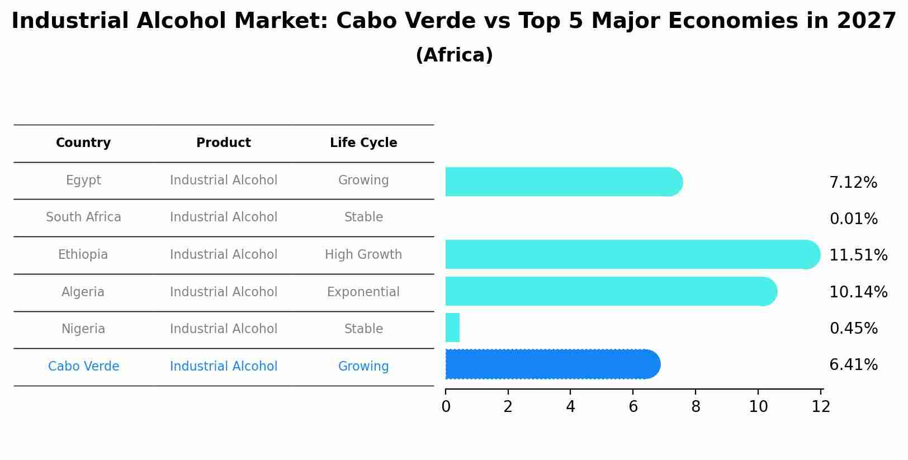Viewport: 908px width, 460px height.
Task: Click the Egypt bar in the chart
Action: coord(564,182)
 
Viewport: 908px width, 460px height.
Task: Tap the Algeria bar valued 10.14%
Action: coord(611,291)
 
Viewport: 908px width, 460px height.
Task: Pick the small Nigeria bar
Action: coord(452,328)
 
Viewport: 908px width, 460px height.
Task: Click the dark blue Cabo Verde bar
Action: coord(552,364)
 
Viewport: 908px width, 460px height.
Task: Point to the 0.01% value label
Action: coord(853,219)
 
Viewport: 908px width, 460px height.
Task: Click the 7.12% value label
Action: coord(853,183)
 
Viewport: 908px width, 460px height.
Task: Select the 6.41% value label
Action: coord(853,365)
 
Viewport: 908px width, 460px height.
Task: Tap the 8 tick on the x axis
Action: coord(696,407)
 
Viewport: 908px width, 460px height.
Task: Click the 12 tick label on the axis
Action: coord(821,407)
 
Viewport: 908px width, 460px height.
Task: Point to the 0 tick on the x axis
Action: coord(446,407)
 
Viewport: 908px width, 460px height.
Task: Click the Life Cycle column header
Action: coord(363,143)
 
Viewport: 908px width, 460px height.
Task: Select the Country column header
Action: coord(83,143)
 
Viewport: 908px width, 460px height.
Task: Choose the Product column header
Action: coord(224,143)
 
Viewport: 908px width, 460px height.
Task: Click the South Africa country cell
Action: coord(83,217)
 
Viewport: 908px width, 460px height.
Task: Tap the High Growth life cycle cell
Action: coord(363,255)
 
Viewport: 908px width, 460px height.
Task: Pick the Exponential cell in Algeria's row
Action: coord(363,292)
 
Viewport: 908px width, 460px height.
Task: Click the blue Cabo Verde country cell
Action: coord(83,367)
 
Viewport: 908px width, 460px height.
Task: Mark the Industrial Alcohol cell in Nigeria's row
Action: coord(224,329)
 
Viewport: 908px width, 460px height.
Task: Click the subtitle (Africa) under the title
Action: coord(454,55)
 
